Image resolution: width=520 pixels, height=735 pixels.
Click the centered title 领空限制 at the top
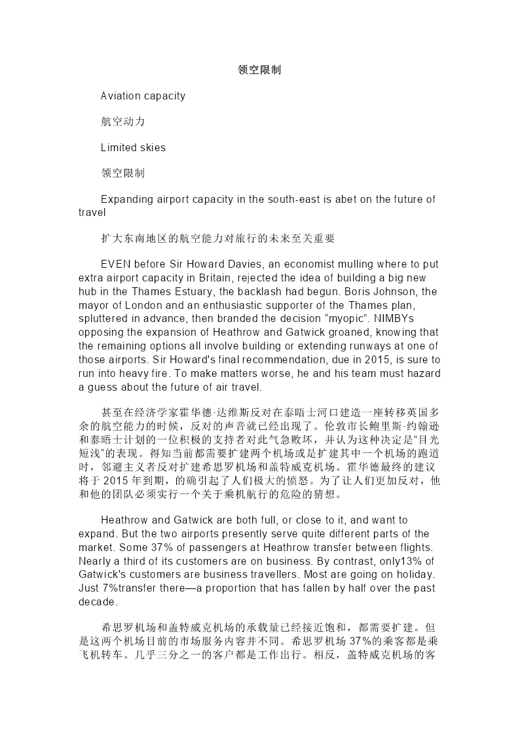259,70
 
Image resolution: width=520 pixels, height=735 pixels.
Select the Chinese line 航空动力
123,122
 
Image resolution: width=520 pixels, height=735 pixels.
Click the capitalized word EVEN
115,264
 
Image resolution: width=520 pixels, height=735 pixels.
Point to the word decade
98,601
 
